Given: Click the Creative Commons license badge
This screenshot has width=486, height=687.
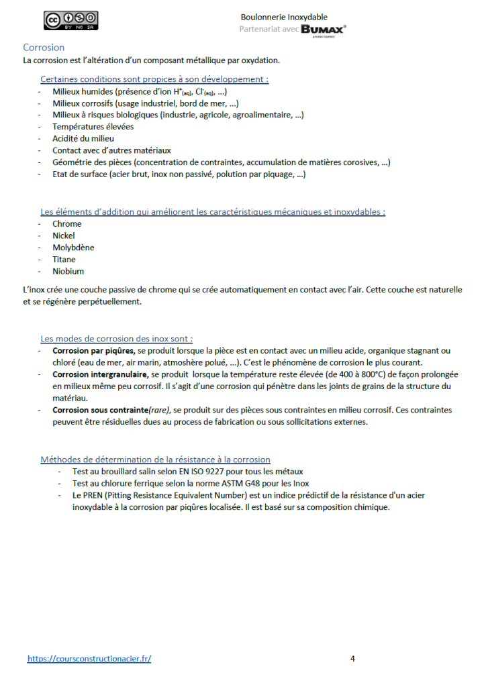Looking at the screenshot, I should [71, 21].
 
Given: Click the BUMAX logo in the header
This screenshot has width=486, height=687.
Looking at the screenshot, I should [324, 29].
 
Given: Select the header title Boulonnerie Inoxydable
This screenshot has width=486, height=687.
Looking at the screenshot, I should [284, 17].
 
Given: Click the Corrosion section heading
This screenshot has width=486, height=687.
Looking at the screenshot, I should [44, 48].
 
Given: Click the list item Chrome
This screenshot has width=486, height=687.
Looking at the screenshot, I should [67, 224].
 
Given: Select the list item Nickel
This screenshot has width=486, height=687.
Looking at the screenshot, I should [64, 236].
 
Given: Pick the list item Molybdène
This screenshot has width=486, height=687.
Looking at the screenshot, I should [73, 248].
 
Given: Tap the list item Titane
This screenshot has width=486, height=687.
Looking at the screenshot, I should [64, 260].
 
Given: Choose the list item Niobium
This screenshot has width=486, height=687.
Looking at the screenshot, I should [68, 272].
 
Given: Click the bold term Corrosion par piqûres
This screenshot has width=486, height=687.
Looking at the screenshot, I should [94, 351].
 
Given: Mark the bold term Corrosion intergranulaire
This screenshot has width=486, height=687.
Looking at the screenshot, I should [101, 374].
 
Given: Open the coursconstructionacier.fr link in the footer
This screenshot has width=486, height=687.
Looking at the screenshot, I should [89, 659].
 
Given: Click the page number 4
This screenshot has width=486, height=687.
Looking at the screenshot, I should [352, 659].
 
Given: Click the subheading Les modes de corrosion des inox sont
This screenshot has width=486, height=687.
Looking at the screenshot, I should [117, 339].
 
